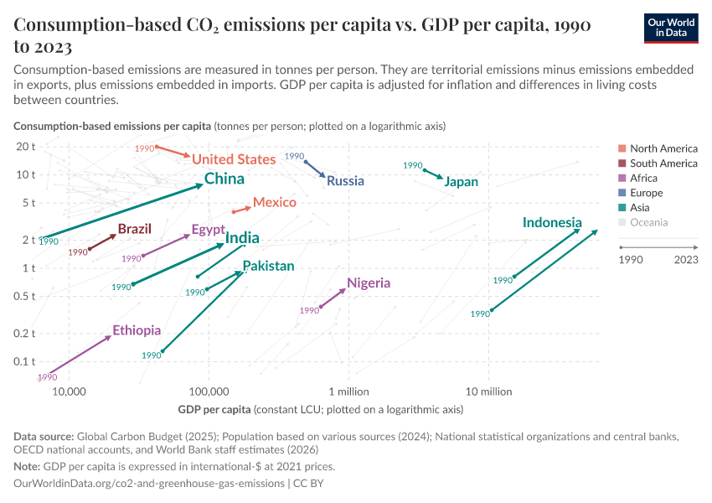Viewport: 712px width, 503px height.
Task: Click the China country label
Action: click(224, 179)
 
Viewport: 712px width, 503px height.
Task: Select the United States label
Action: click(234, 159)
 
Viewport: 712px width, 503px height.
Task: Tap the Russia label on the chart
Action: click(345, 180)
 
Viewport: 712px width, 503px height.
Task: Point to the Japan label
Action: click(462, 181)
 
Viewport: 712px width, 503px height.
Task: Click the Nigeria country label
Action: click(369, 283)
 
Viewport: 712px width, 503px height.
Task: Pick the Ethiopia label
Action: click(137, 330)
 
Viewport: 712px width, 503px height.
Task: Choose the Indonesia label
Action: click(552, 222)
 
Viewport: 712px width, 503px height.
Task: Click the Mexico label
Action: click(275, 202)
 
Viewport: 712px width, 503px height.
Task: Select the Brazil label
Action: click(134, 229)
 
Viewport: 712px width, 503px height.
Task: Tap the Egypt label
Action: click(208, 229)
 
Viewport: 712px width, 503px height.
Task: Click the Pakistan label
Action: click(268, 266)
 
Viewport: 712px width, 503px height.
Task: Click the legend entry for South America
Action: click(663, 163)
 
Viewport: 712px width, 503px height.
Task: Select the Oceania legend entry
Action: click(650, 222)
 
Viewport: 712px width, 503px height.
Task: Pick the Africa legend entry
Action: click(643, 178)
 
